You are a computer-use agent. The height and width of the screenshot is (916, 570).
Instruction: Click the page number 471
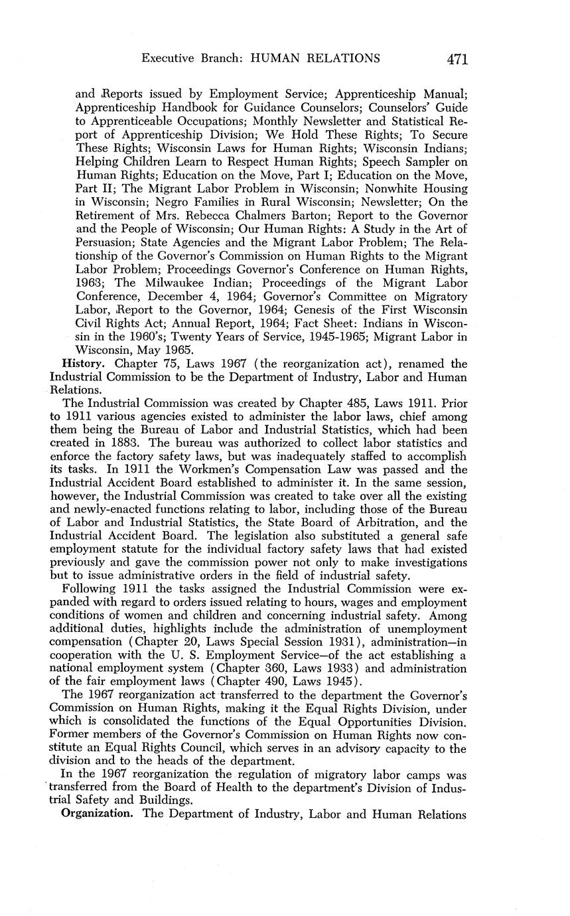(x=457, y=59)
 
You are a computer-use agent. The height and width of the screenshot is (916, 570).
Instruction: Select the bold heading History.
(x=82, y=364)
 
